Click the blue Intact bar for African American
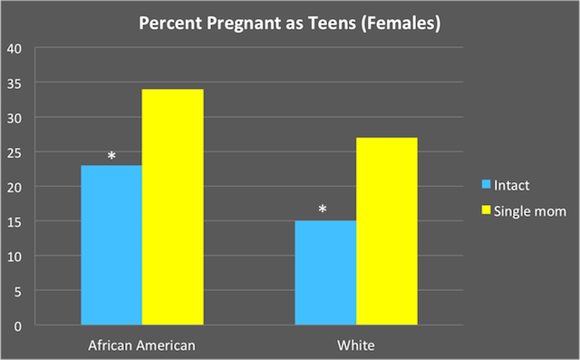click(x=111, y=245)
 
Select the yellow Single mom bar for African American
click(x=172, y=207)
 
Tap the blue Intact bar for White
click(x=325, y=272)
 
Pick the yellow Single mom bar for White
click(x=387, y=231)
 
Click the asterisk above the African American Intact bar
click(x=111, y=157)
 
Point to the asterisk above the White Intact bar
click(x=323, y=211)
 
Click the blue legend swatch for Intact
click(x=485, y=186)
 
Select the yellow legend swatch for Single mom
click(x=485, y=210)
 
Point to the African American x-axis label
click(x=141, y=345)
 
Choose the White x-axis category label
click(x=356, y=345)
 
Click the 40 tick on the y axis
click(x=15, y=48)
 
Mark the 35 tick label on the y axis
click(x=15, y=83)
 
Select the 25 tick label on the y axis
click(x=15, y=152)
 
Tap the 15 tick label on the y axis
click(x=15, y=221)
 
